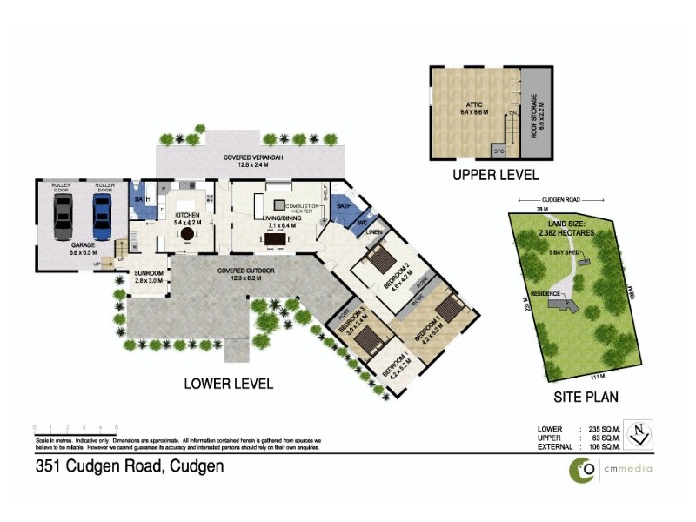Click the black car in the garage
point(64,216)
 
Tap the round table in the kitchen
point(186,234)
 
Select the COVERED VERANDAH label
point(251,157)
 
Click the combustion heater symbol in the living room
point(268,204)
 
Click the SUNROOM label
point(148,273)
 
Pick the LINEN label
point(375,232)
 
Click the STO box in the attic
point(499,151)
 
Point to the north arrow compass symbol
point(639,433)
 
